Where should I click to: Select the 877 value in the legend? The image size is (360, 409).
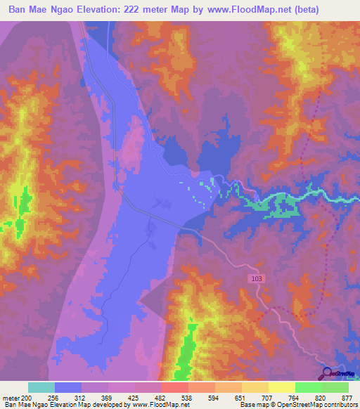tap(348, 396)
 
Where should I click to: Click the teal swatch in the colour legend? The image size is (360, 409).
tap(41, 387)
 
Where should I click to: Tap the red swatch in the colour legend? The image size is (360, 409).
tap(174, 387)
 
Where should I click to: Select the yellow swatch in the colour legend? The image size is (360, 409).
tap(281, 387)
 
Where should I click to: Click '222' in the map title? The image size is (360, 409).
tap(128, 10)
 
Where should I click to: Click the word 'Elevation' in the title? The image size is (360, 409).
tap(100, 10)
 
